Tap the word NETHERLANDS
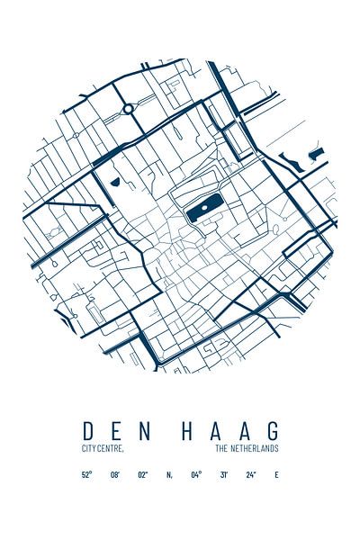pos(256,448)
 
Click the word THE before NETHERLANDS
pos(222,448)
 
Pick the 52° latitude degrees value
pos(86,474)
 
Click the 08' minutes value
pos(114,474)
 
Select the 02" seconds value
pos(142,474)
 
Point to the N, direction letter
pos(169,474)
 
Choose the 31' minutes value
pos(224,474)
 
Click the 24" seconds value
pos(251,474)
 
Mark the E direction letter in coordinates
pos(276,474)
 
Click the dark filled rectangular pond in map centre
pos(200,211)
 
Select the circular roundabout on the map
pos(129,108)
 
